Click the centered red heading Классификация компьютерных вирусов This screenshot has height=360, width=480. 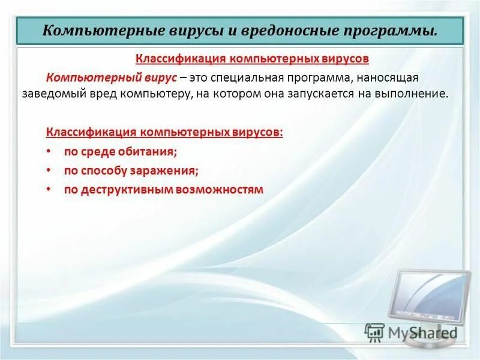[252, 59]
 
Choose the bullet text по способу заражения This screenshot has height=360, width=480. [131, 171]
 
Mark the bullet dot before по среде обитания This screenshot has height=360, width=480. [47, 152]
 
